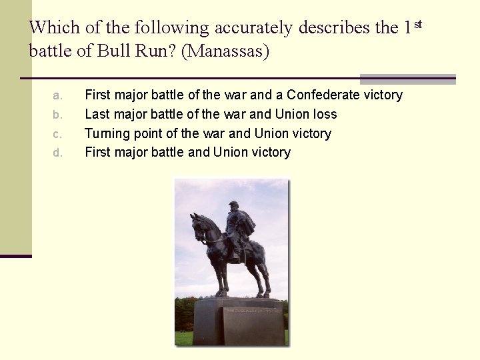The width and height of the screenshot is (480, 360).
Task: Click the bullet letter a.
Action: click(58, 95)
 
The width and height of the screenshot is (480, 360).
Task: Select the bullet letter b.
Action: click(58, 115)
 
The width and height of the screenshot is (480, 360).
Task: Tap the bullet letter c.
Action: click(58, 134)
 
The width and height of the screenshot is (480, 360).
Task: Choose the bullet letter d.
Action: click(58, 153)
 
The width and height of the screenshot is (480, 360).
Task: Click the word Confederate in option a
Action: click(321, 95)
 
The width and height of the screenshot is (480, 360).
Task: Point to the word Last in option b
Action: click(97, 115)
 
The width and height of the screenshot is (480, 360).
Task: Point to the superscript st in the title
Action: click(418, 24)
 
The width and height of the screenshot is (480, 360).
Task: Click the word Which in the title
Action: click(51, 27)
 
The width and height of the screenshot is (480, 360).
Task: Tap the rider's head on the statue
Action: click(233, 207)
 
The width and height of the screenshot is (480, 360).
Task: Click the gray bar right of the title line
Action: click(407, 79)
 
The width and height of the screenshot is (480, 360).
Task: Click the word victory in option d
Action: click(269, 153)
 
